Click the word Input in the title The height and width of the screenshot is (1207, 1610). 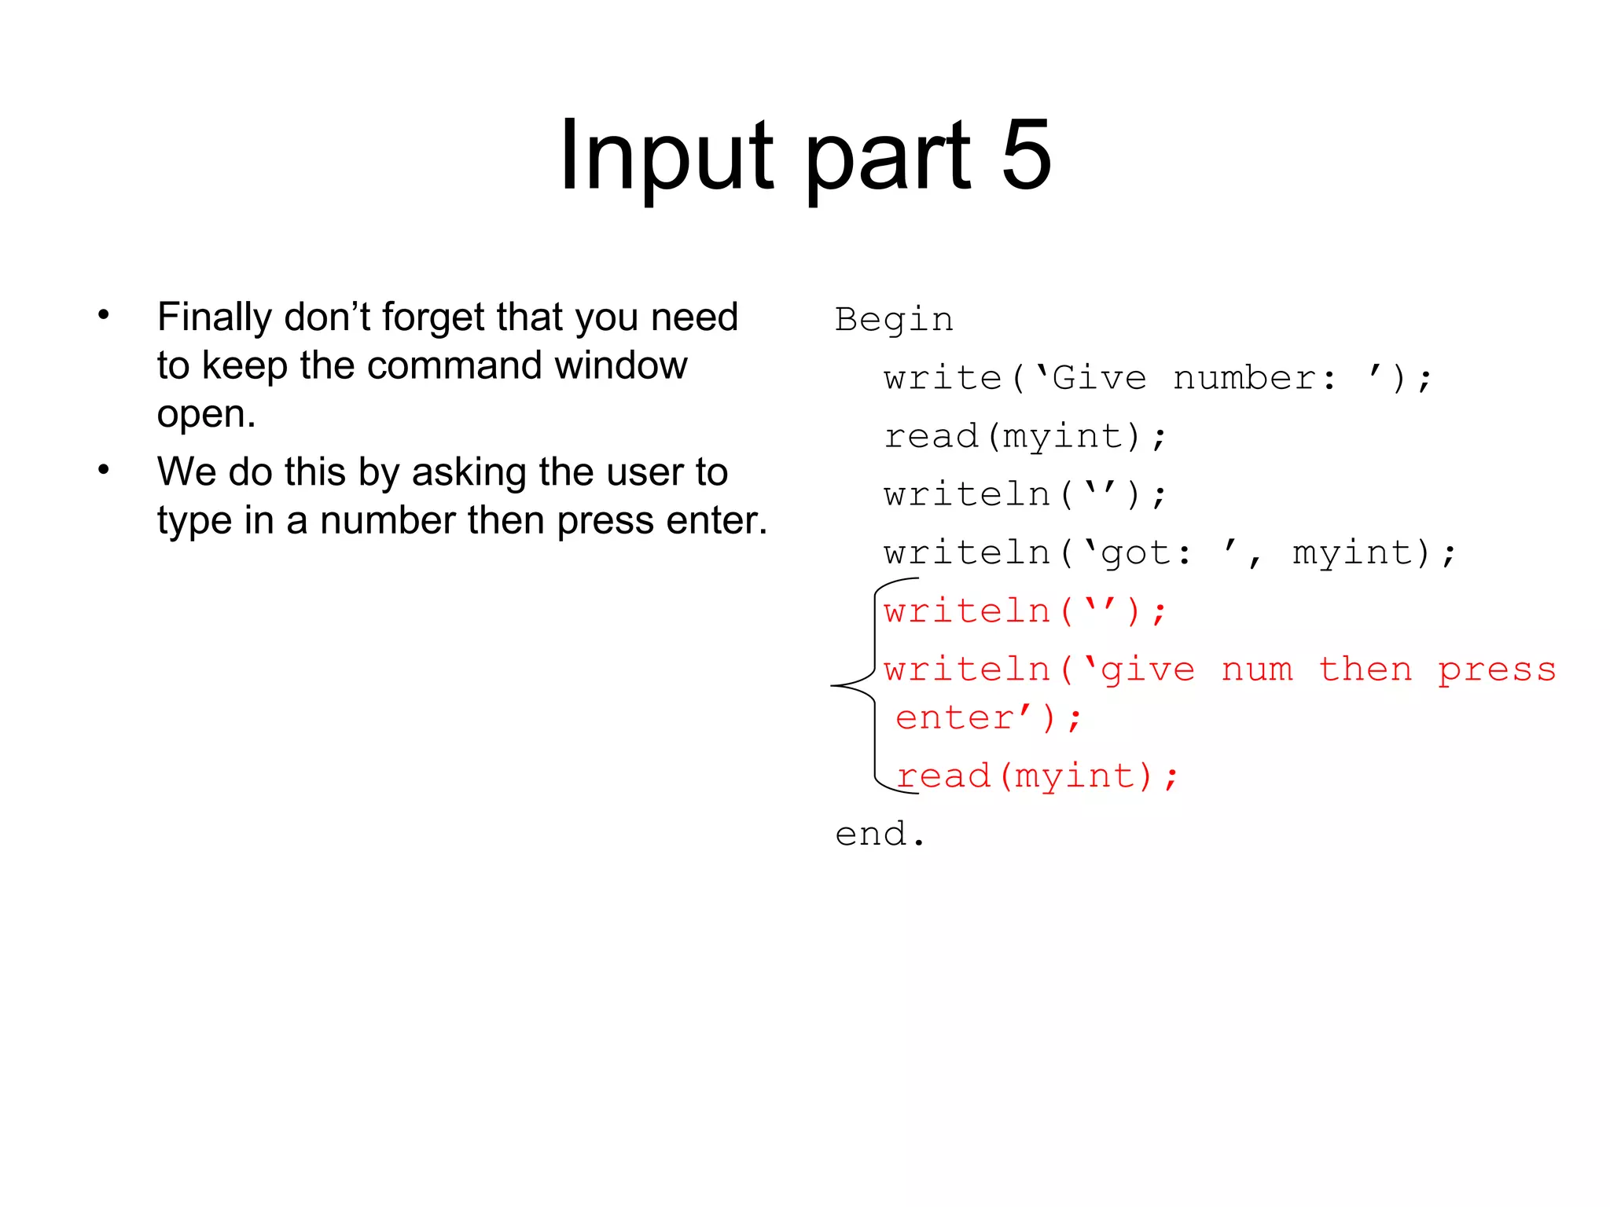pyautogui.click(x=667, y=155)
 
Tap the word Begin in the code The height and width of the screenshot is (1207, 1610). pyautogui.click(x=894, y=321)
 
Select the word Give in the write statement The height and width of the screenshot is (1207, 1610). pyautogui.click(x=1099, y=379)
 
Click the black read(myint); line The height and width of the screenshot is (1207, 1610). pyautogui.click(x=1025, y=437)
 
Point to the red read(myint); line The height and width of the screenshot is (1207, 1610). pyautogui.click(x=1037, y=776)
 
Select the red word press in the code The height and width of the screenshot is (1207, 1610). pyautogui.click(x=1497, y=670)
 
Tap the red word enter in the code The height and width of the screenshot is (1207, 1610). pyautogui.click(x=955, y=718)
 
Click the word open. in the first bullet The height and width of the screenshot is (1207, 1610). pyautogui.click(x=206, y=414)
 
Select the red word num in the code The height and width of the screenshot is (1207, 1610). pyautogui.click(x=1256, y=670)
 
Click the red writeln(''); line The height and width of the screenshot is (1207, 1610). pyautogui.click(x=1025, y=612)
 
